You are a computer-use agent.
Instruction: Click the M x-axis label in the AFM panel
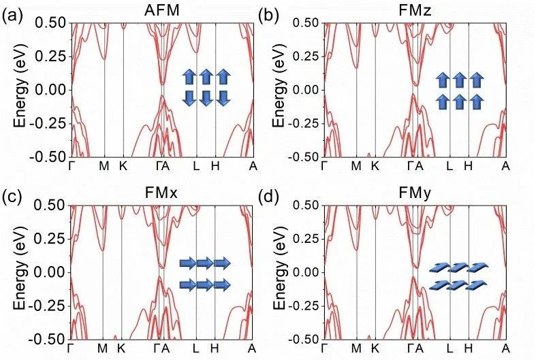point(104,166)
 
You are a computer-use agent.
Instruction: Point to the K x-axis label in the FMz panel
point(375,166)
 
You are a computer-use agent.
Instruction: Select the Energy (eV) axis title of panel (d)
point(279,272)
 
